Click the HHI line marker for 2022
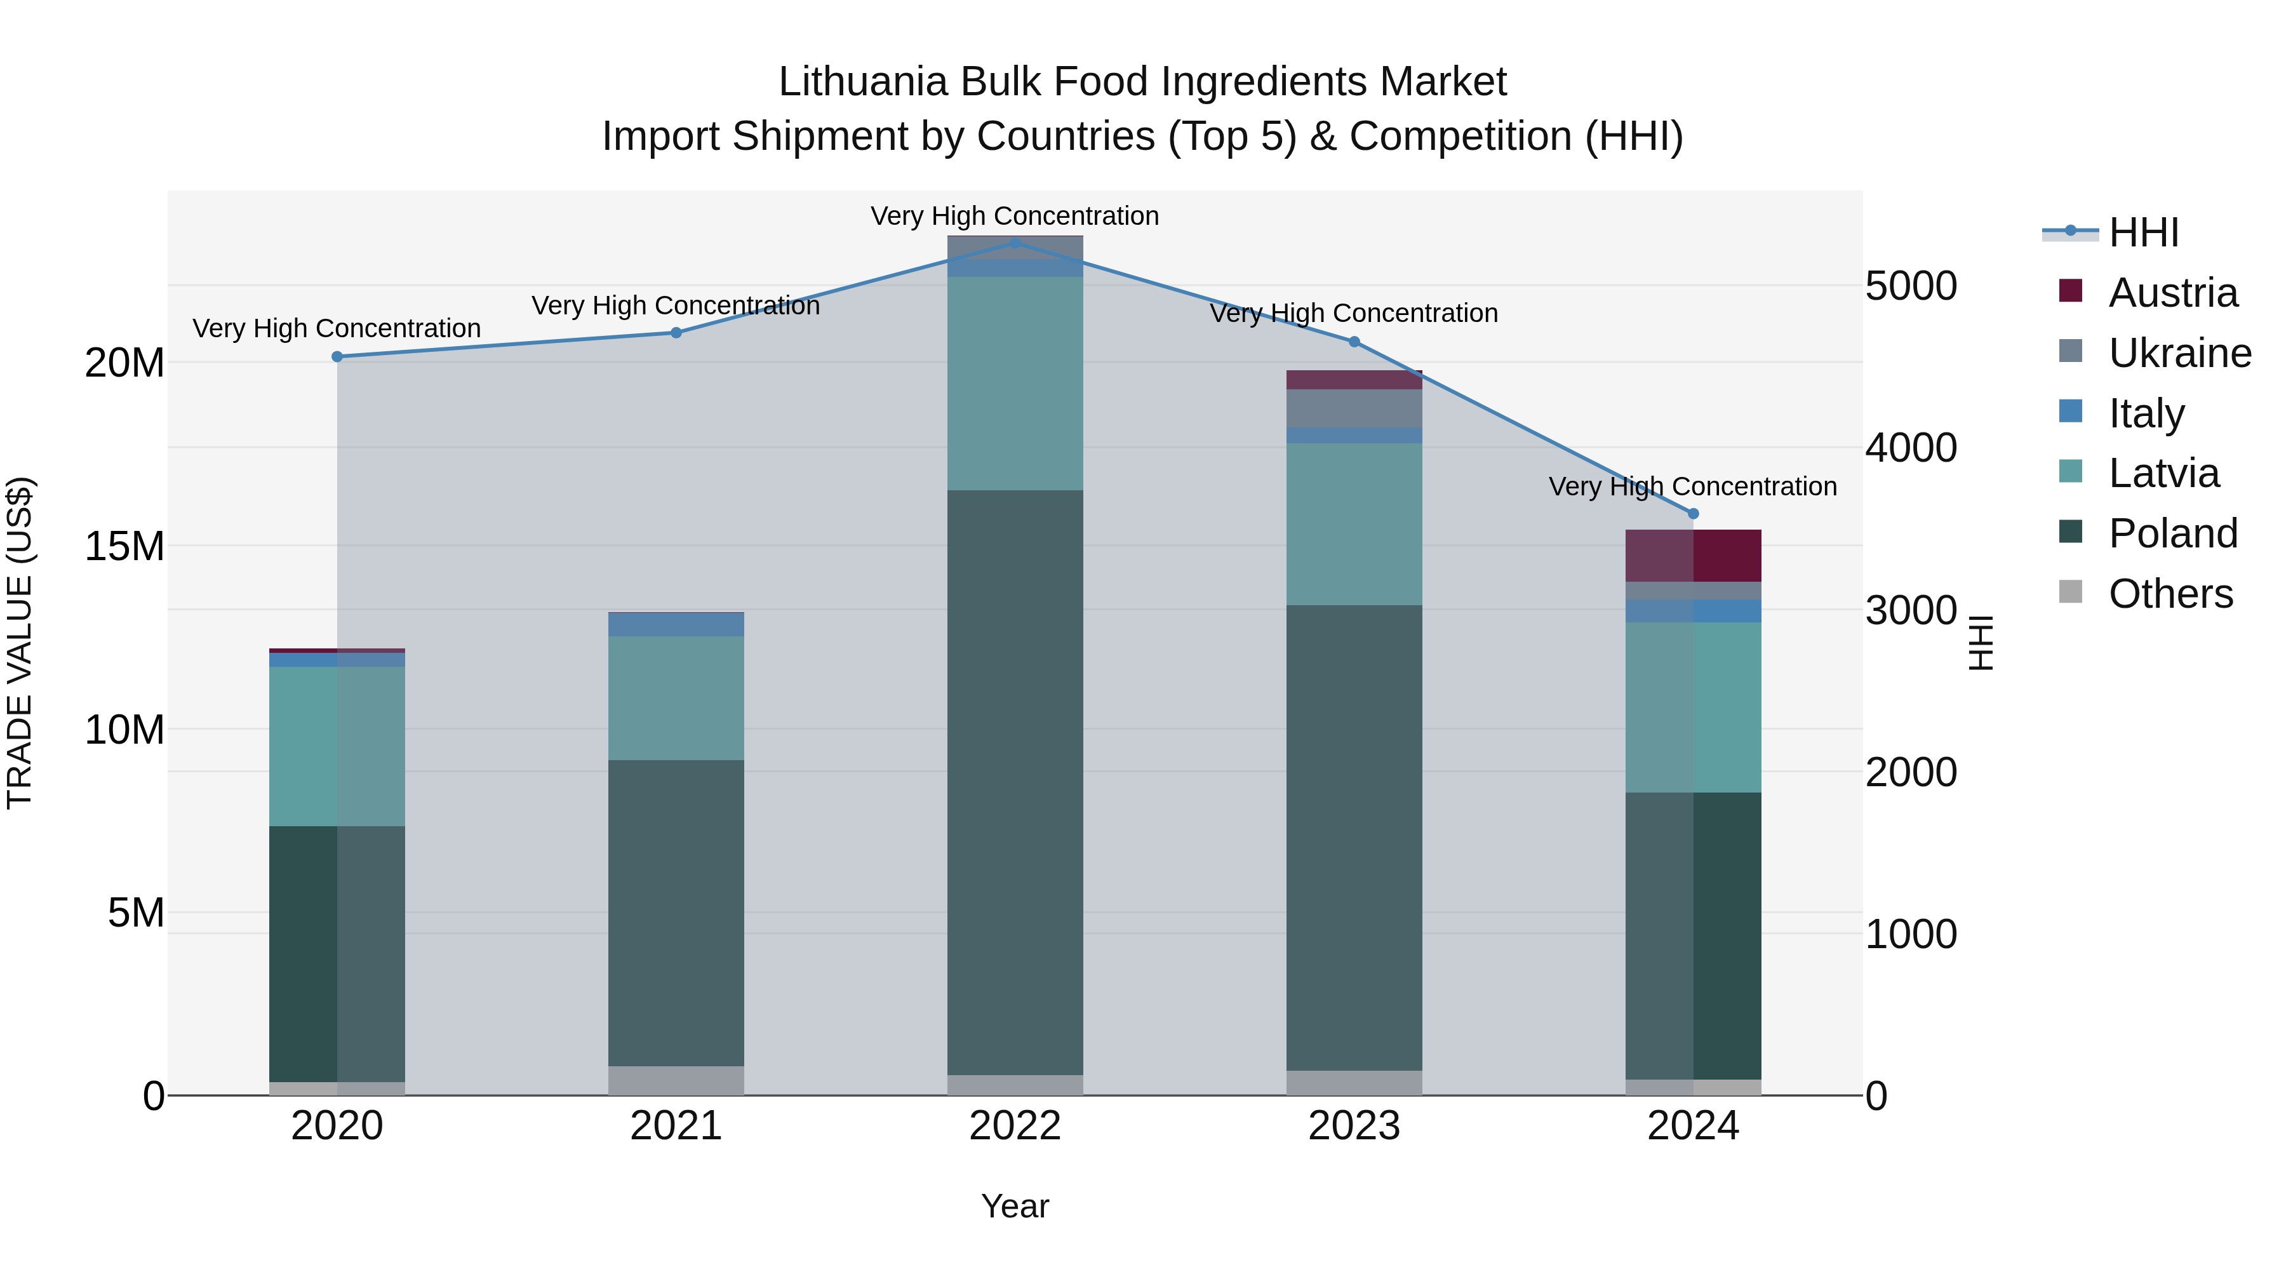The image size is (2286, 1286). [x=1015, y=243]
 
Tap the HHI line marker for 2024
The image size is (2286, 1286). [x=1693, y=514]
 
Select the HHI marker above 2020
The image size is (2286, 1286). [x=337, y=357]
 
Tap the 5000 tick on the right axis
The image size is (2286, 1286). [x=1911, y=286]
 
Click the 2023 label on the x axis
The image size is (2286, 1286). [x=1354, y=1126]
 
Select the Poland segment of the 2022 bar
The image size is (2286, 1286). [x=1015, y=781]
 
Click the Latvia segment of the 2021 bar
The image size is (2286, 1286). [x=676, y=697]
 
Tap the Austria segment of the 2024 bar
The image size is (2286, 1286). [x=1693, y=556]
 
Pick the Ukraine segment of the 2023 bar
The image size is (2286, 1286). [x=1354, y=408]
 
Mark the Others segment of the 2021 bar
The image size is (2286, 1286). [x=676, y=1080]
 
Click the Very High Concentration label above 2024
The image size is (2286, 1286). [x=1692, y=486]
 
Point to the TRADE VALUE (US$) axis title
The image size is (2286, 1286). [x=20, y=643]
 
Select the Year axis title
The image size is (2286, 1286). [x=1015, y=1206]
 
